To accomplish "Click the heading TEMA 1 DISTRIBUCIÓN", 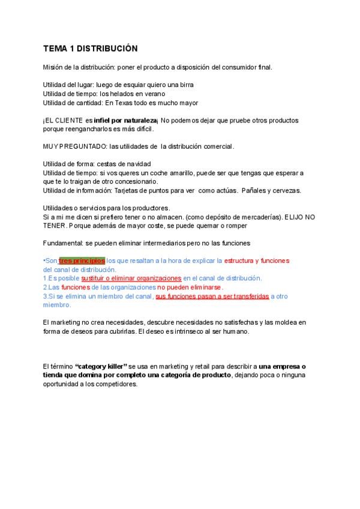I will click(x=90, y=49).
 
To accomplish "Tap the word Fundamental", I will click(x=61, y=242).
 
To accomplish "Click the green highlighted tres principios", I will click(x=82, y=261).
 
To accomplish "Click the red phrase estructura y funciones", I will click(x=256, y=261).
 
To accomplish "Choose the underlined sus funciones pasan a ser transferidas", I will click(x=212, y=296).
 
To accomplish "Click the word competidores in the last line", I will click(x=114, y=384).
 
